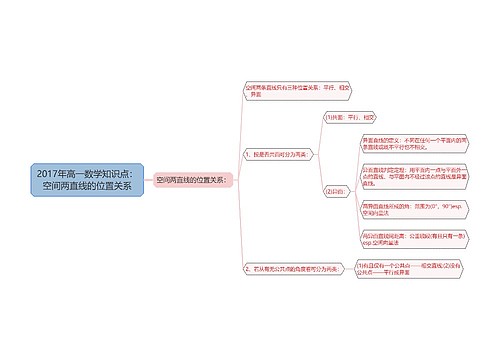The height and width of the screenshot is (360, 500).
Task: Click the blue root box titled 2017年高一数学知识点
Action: click(x=91, y=180)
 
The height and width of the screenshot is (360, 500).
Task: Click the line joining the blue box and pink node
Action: click(x=149, y=180)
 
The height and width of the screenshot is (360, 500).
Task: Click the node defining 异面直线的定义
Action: click(x=409, y=141)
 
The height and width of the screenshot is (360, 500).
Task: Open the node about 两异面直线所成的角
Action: click(x=409, y=208)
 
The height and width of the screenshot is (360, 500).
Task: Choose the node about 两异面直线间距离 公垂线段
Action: click(x=409, y=238)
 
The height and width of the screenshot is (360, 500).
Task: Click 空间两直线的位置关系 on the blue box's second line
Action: click(x=91, y=187)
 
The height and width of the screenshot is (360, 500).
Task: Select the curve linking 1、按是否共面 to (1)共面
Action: click(x=316, y=135)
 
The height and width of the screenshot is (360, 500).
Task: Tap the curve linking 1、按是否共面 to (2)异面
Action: click(x=316, y=173)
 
